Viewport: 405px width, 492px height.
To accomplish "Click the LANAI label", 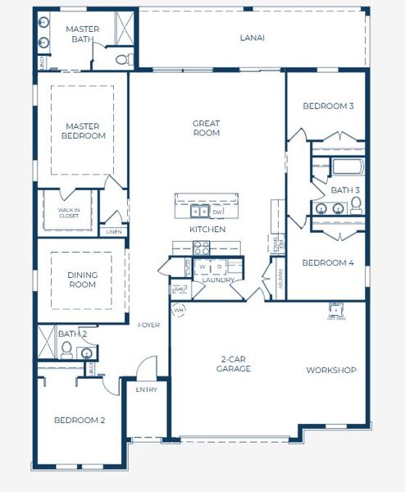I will tap(253, 38).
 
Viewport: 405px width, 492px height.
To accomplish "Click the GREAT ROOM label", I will tap(207, 128).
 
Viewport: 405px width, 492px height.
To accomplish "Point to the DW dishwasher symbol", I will tap(217, 212).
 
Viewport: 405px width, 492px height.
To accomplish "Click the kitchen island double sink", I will tap(200, 212).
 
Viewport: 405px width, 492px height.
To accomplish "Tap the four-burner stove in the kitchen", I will tap(180, 248).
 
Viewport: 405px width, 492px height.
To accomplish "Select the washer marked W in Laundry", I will tap(202, 267).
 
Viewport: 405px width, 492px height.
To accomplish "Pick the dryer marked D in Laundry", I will tap(219, 267).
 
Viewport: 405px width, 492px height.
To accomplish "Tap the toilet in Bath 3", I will tap(356, 205).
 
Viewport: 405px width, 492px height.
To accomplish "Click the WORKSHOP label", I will tap(331, 371).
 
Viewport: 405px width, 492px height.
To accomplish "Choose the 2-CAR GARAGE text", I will tap(234, 364).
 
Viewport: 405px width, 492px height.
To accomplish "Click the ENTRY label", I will tap(146, 389).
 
